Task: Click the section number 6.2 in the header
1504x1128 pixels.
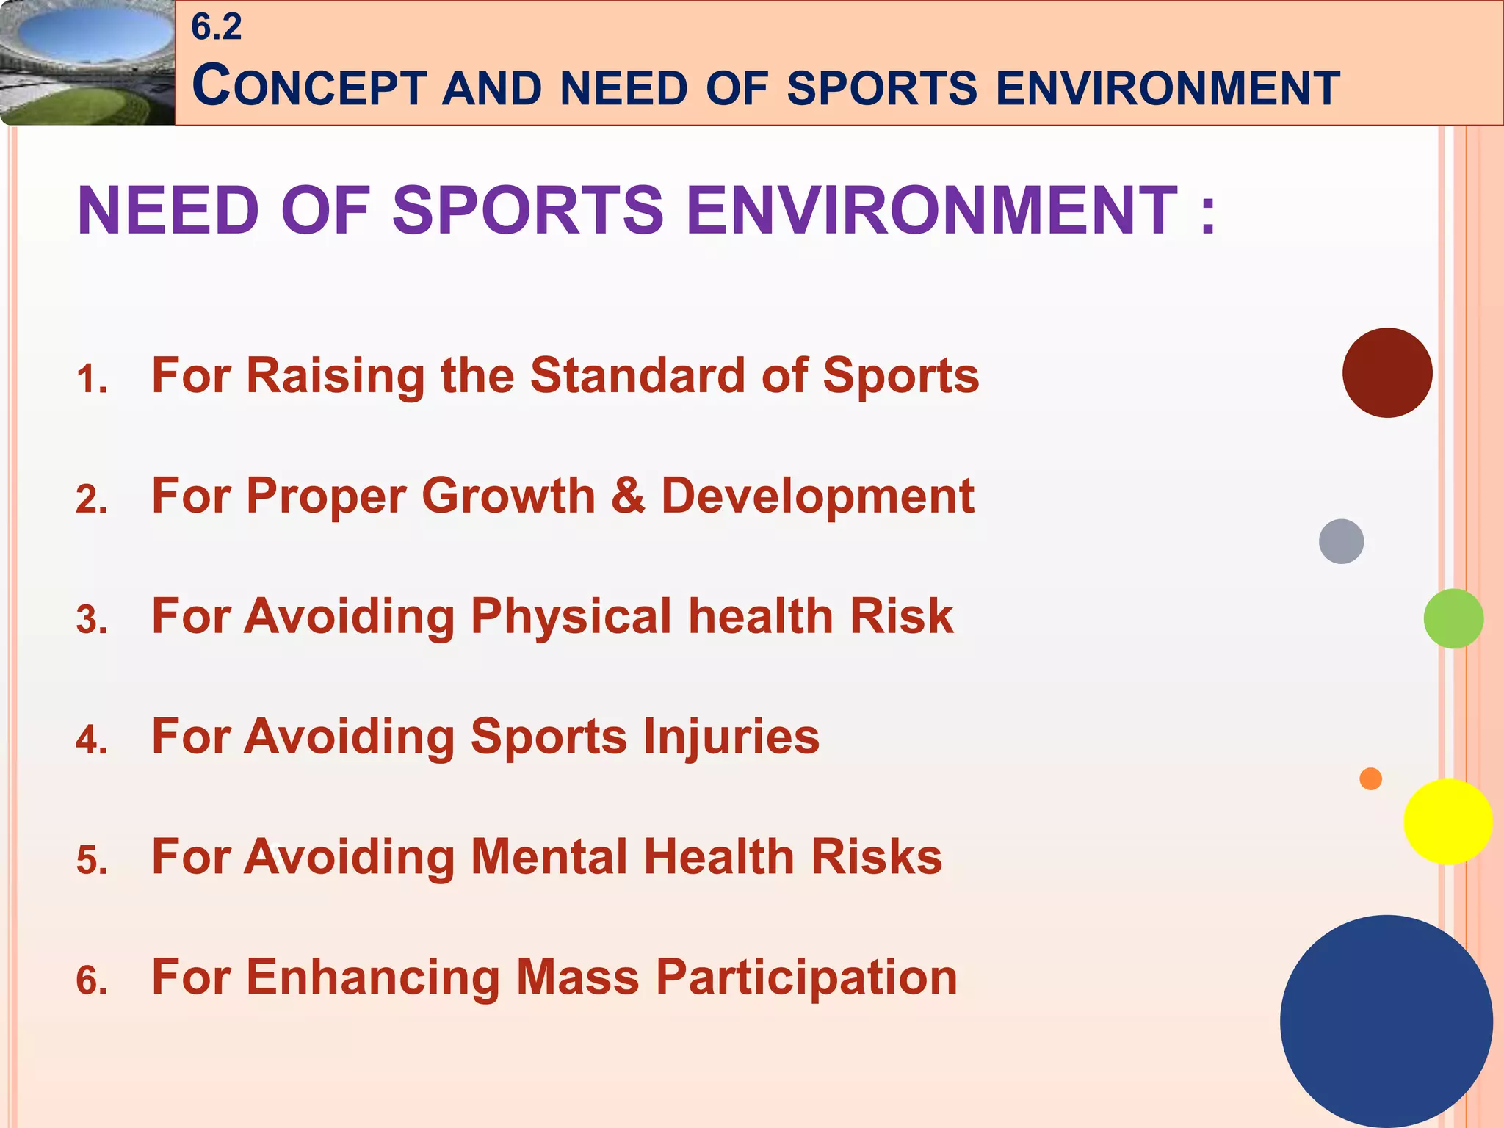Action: tap(216, 27)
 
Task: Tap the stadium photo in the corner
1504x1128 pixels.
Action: tap(87, 62)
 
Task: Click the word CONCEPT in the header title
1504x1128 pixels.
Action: tap(309, 87)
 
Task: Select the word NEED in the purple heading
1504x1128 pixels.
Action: tap(168, 211)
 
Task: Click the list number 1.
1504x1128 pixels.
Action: tap(92, 380)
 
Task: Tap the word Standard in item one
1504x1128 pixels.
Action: tap(637, 375)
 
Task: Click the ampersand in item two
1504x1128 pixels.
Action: tap(628, 496)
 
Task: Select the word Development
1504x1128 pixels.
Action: tap(817, 496)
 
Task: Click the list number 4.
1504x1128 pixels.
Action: tap(92, 740)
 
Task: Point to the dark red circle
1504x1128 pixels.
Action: tap(1386, 373)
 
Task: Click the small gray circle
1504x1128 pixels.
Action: tap(1341, 541)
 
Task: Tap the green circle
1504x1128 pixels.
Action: tap(1453, 618)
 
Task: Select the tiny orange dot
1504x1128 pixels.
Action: tap(1370, 778)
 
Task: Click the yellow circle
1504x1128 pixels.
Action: tap(1447, 822)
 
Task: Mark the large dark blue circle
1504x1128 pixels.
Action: tap(1386, 1021)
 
